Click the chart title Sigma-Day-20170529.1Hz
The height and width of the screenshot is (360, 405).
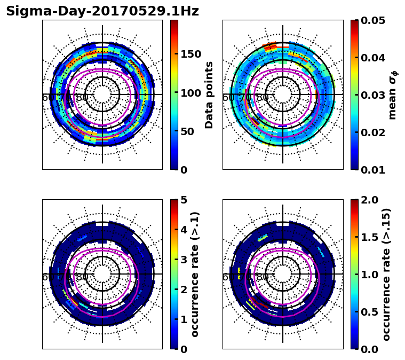102,11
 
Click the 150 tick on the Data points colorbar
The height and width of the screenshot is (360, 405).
191,54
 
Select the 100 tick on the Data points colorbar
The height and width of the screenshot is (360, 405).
191,92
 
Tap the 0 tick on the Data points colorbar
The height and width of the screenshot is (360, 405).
184,170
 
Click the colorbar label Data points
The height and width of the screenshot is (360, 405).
209,95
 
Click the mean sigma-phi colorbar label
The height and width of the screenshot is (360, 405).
393,95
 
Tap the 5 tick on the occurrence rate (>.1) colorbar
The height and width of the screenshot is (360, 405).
184,200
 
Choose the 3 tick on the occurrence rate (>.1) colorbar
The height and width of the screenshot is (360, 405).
184,260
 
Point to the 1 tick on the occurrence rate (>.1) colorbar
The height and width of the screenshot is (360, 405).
184,319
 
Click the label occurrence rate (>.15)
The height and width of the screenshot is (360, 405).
386,274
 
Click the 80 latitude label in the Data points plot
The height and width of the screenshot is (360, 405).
82,98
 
